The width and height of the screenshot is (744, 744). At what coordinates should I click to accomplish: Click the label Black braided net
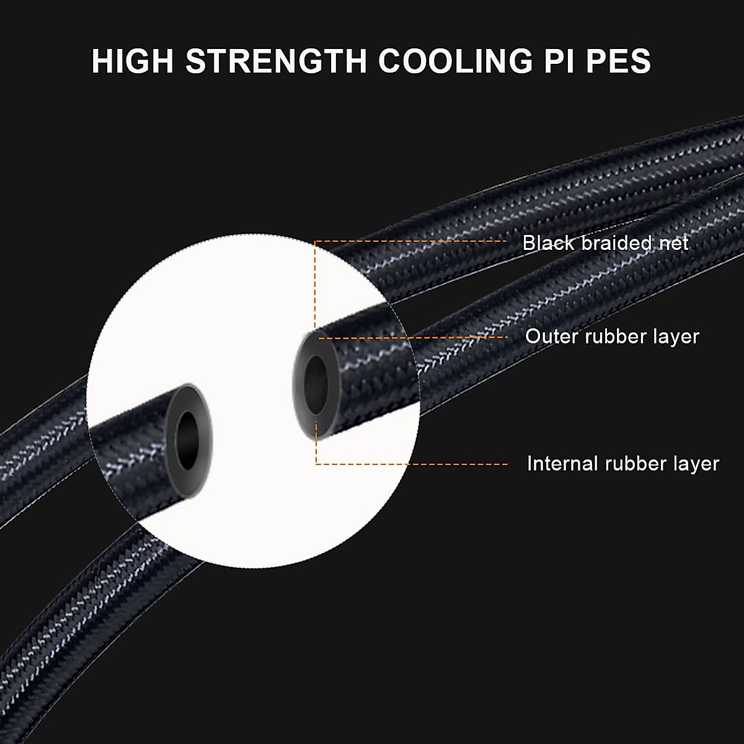[605, 242]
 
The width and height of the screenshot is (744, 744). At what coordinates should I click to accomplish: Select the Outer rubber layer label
[612, 337]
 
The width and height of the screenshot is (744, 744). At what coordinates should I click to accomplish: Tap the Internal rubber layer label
[622, 464]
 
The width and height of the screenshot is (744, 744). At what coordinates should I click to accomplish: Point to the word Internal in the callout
[562, 464]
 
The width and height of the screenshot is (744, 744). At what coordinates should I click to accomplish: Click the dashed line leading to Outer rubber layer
[422, 338]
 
